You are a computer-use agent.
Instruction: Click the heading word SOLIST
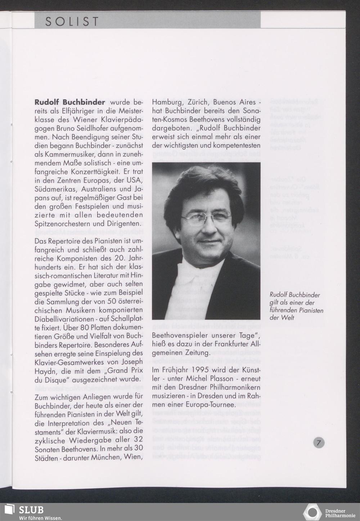[72, 22]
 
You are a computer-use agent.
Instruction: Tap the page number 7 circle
[318, 442]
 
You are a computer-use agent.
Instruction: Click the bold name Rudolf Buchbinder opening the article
[70, 102]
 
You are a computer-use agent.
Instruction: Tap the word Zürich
[198, 102]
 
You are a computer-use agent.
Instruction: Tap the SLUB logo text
[31, 510]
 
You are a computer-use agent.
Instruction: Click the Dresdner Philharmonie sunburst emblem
[312, 512]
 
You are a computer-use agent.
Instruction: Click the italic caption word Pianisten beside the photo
[310, 310]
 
